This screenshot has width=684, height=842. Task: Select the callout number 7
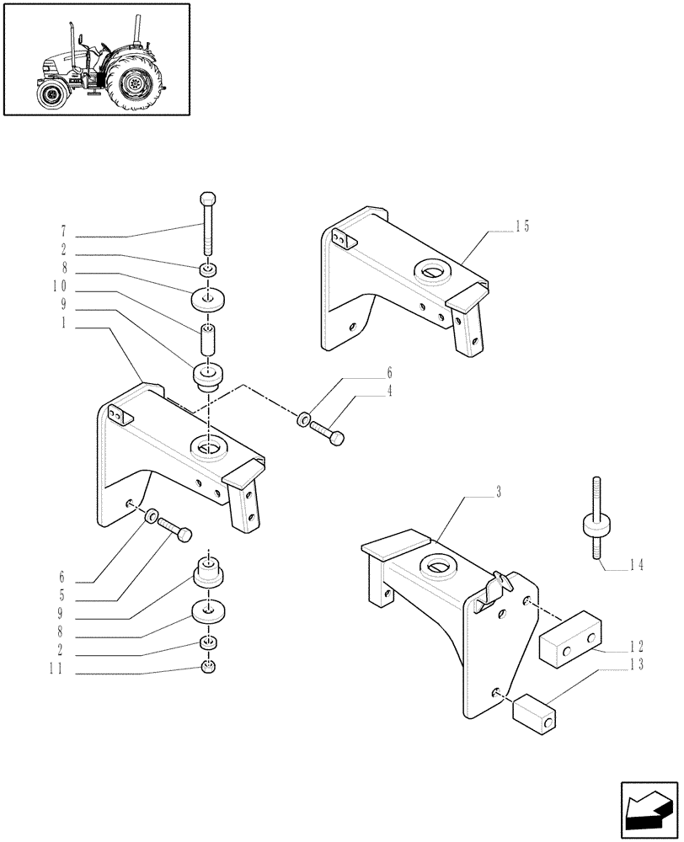click(x=64, y=231)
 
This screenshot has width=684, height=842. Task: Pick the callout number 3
click(x=499, y=492)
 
